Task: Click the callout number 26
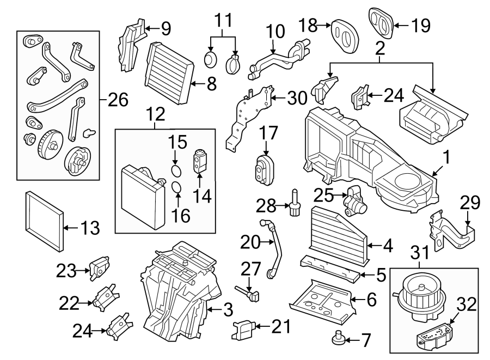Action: (119, 100)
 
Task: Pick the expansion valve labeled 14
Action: (199, 162)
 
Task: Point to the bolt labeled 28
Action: (296, 206)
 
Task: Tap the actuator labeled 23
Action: (99, 269)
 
